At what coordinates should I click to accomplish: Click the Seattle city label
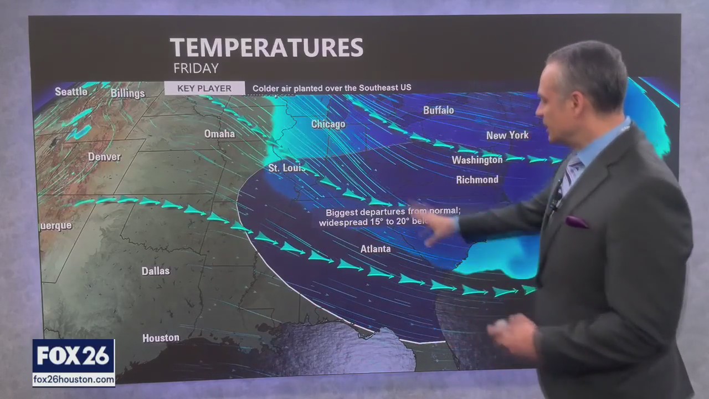(71, 91)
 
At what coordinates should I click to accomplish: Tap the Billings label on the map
(127, 93)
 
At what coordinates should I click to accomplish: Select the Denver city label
(104, 157)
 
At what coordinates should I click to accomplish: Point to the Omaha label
(219, 134)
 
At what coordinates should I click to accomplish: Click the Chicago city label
(328, 124)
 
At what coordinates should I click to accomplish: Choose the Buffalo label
(438, 110)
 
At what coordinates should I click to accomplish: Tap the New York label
(507, 135)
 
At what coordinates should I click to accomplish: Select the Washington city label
(477, 160)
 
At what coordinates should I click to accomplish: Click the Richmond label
(477, 180)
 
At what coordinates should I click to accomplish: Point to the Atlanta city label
(376, 249)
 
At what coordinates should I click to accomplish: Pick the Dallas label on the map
(155, 271)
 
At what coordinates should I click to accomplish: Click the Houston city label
(161, 337)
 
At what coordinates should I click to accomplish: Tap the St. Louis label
(286, 167)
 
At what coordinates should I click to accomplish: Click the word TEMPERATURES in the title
(266, 48)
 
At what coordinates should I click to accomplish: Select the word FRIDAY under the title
(196, 69)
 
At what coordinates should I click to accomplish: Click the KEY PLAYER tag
(204, 88)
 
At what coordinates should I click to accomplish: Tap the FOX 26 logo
(74, 356)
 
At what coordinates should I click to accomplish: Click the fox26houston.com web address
(74, 380)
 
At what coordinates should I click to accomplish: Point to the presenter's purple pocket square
(577, 222)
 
